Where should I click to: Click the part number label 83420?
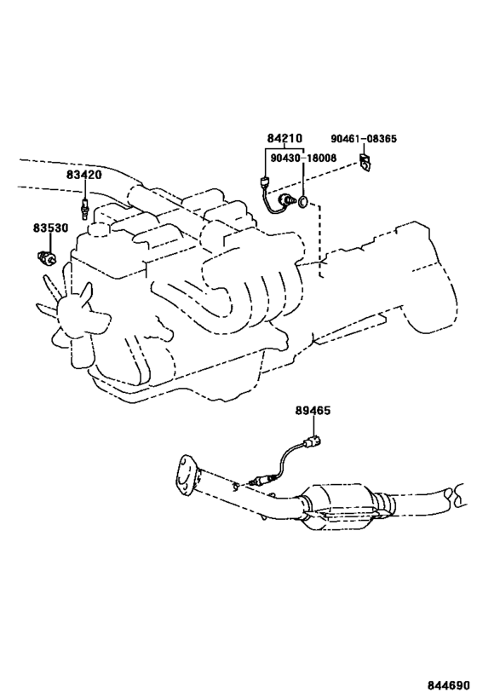pos(84,175)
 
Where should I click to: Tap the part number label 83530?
pos(50,228)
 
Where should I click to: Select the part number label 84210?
pos(284,138)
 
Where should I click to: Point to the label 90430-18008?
pos(303,158)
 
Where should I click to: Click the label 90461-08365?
pos(364,138)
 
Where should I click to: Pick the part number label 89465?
pos(313,410)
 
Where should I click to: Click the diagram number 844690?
pos(449,684)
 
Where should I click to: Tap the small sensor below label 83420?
pos(83,207)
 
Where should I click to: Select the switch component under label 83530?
pos(46,257)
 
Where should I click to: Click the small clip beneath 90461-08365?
pos(365,162)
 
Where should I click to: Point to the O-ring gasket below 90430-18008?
pos(302,202)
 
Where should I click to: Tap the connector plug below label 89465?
pos(312,441)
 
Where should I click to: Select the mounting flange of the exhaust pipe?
pos(187,475)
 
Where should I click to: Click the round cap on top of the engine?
pos(97,228)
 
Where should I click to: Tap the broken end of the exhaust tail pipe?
pos(457,494)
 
